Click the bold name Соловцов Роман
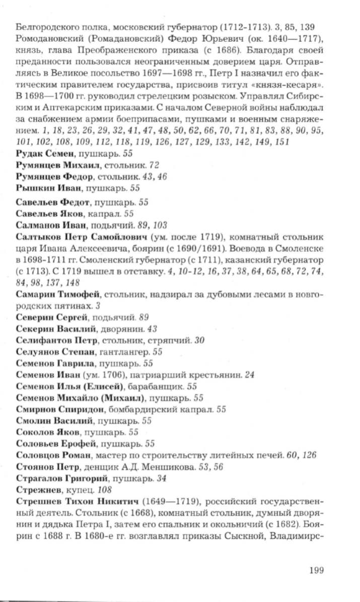tap(54, 456)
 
